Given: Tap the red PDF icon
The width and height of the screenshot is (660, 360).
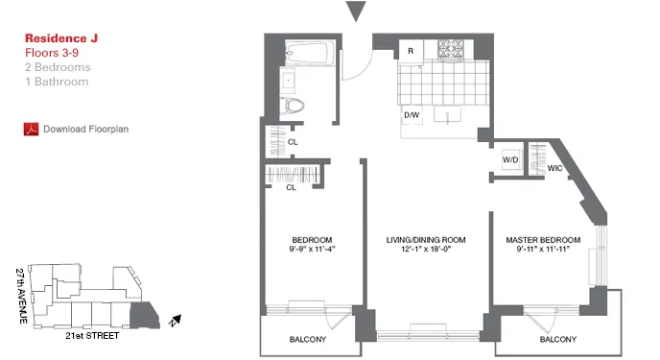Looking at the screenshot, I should tap(29, 128).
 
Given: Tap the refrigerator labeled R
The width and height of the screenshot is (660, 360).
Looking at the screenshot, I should tap(412, 50).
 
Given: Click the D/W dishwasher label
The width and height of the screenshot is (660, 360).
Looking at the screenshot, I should tap(412, 116).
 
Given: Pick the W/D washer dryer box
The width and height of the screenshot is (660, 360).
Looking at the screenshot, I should tap(509, 158).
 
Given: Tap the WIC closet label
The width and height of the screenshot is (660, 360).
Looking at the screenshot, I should tap(554, 168).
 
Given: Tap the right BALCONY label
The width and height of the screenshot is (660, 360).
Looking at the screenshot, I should tap(557, 340).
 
